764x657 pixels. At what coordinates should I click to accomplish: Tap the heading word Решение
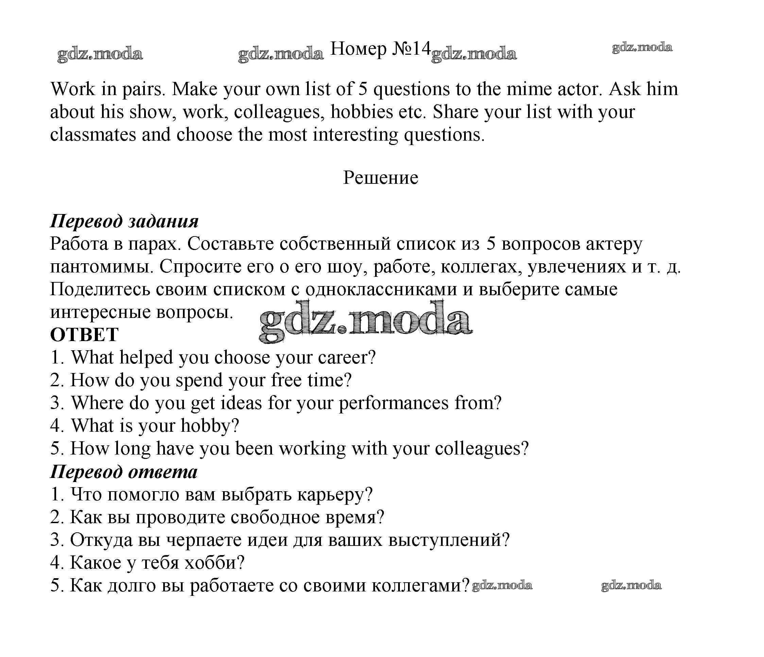click(x=380, y=178)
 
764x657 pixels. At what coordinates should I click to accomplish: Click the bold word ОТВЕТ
click(x=84, y=335)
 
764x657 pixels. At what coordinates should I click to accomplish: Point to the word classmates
click(x=93, y=135)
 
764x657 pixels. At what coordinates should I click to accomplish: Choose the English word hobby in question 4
click(x=209, y=426)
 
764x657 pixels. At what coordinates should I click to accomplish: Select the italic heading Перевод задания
click(x=124, y=221)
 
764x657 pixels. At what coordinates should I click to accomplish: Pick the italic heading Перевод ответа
click(x=124, y=472)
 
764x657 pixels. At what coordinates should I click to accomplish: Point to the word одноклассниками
click(x=381, y=289)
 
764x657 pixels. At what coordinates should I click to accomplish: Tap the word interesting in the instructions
click(x=355, y=135)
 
